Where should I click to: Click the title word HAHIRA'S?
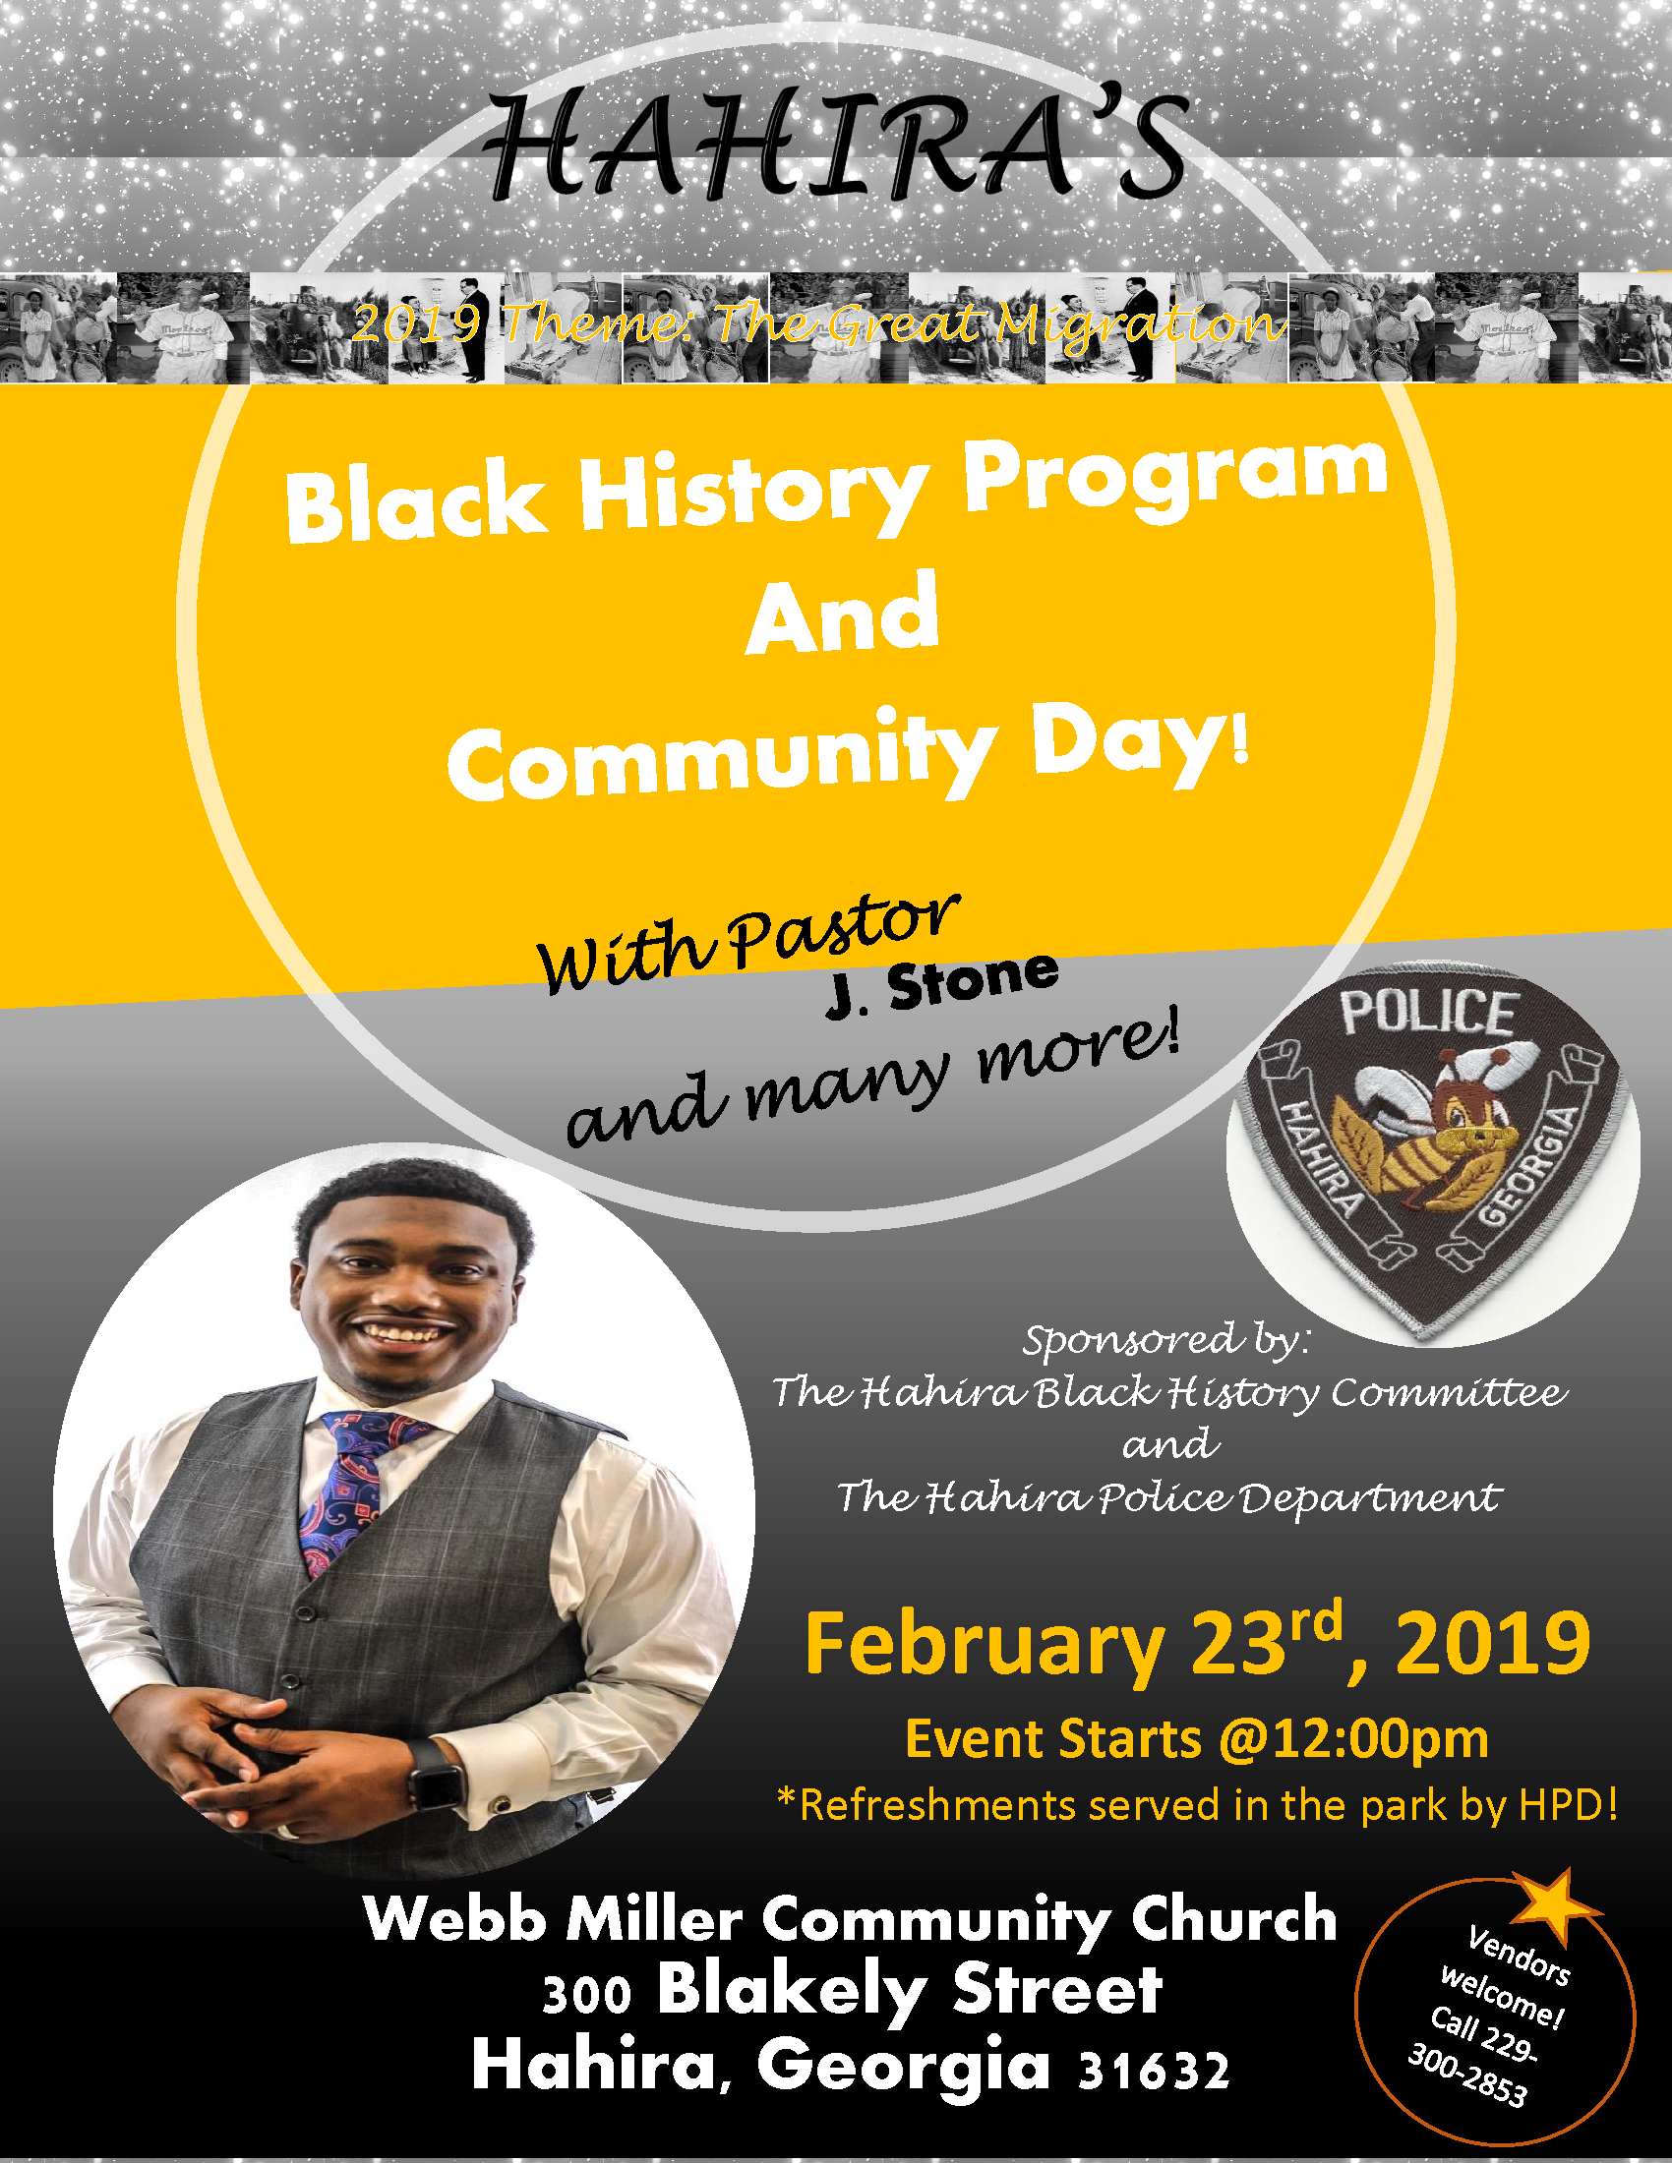click(837, 146)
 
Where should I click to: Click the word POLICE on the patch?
click(1428, 1012)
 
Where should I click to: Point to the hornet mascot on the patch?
click(1436, 1139)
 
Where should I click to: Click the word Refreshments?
click(937, 1804)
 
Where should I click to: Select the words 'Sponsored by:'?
click(1166, 1340)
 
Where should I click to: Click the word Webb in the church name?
click(454, 1918)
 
